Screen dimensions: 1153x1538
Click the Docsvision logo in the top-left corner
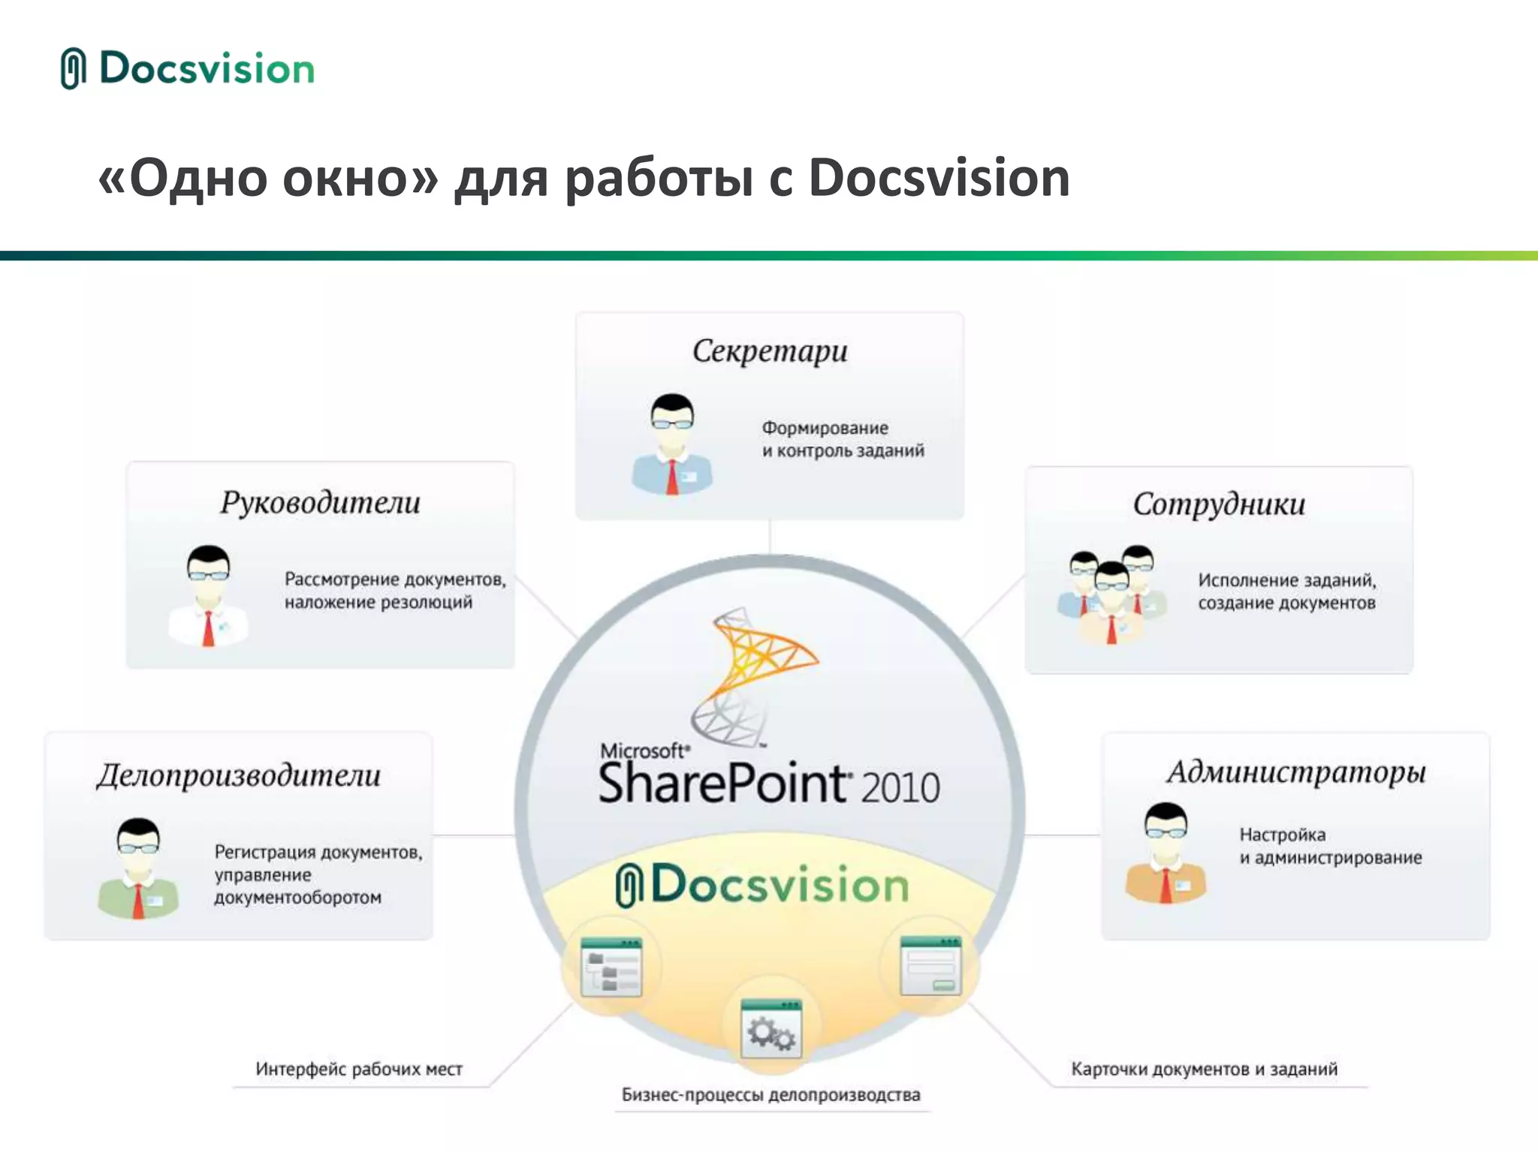click(x=188, y=68)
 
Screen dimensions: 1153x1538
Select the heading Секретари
click(x=770, y=351)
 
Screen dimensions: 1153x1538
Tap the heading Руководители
click(x=320, y=503)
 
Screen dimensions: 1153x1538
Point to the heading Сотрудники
click(x=1219, y=504)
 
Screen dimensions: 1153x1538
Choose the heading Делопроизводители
click(x=239, y=775)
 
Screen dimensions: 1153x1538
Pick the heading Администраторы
click(x=1296, y=772)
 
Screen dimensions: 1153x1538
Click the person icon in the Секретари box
click(x=672, y=444)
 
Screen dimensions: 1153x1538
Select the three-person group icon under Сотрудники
click(x=1111, y=595)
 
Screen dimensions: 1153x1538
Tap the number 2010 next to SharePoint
click(x=900, y=787)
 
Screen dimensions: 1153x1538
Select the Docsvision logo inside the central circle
click(x=762, y=885)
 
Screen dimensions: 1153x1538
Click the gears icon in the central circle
click(x=771, y=1030)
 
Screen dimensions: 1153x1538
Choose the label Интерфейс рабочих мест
click(x=359, y=1069)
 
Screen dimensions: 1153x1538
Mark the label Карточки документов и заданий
click(x=1204, y=1069)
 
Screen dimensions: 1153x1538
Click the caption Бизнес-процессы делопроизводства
click(x=771, y=1094)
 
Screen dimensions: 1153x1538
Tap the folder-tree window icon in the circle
click(x=611, y=968)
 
